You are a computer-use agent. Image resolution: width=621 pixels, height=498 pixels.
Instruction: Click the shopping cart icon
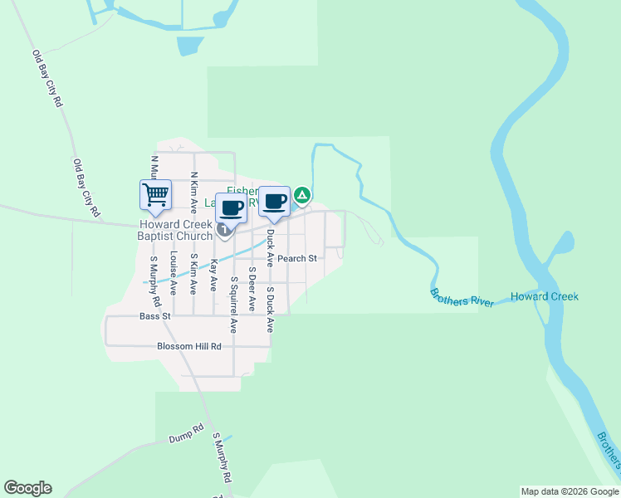[155, 195]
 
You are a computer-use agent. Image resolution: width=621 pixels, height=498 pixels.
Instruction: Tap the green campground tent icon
[303, 196]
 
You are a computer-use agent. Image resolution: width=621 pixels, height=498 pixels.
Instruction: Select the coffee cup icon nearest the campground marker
[275, 201]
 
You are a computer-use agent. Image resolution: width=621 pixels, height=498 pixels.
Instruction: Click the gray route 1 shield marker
[223, 229]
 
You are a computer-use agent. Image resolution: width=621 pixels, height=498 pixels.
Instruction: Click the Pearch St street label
[297, 258]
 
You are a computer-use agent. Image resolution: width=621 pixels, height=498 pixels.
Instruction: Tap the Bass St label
[154, 316]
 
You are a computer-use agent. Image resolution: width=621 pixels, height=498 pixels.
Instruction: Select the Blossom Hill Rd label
[189, 346]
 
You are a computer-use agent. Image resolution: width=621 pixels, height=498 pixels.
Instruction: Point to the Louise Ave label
[174, 273]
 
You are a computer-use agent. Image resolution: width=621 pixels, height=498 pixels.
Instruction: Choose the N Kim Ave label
[193, 193]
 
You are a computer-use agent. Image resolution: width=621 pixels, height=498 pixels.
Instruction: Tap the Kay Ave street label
[213, 274]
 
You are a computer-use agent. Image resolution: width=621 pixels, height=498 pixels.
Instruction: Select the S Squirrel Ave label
[234, 305]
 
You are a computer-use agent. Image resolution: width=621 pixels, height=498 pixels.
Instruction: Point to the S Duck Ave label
[270, 310]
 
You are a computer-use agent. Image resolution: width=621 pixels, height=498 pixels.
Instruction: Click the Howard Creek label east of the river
[544, 296]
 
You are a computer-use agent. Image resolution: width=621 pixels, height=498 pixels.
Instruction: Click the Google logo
[27, 488]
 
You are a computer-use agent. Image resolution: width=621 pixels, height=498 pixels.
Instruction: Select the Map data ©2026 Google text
[570, 491]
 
